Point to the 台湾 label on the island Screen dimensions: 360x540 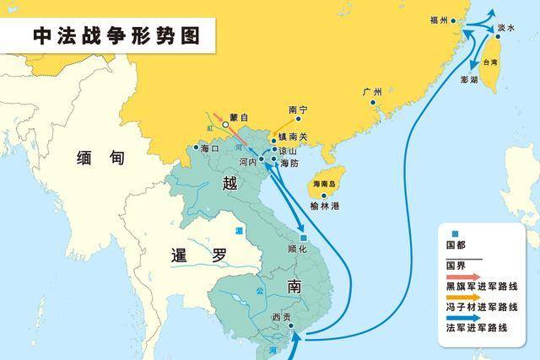click(488, 63)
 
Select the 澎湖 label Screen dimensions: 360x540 click(468, 80)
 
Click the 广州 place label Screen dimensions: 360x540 click(372, 92)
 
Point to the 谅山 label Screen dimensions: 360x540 click(289, 150)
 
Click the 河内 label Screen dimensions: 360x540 click(247, 160)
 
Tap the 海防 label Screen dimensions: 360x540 click(289, 163)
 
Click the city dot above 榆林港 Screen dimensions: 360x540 click(325, 196)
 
